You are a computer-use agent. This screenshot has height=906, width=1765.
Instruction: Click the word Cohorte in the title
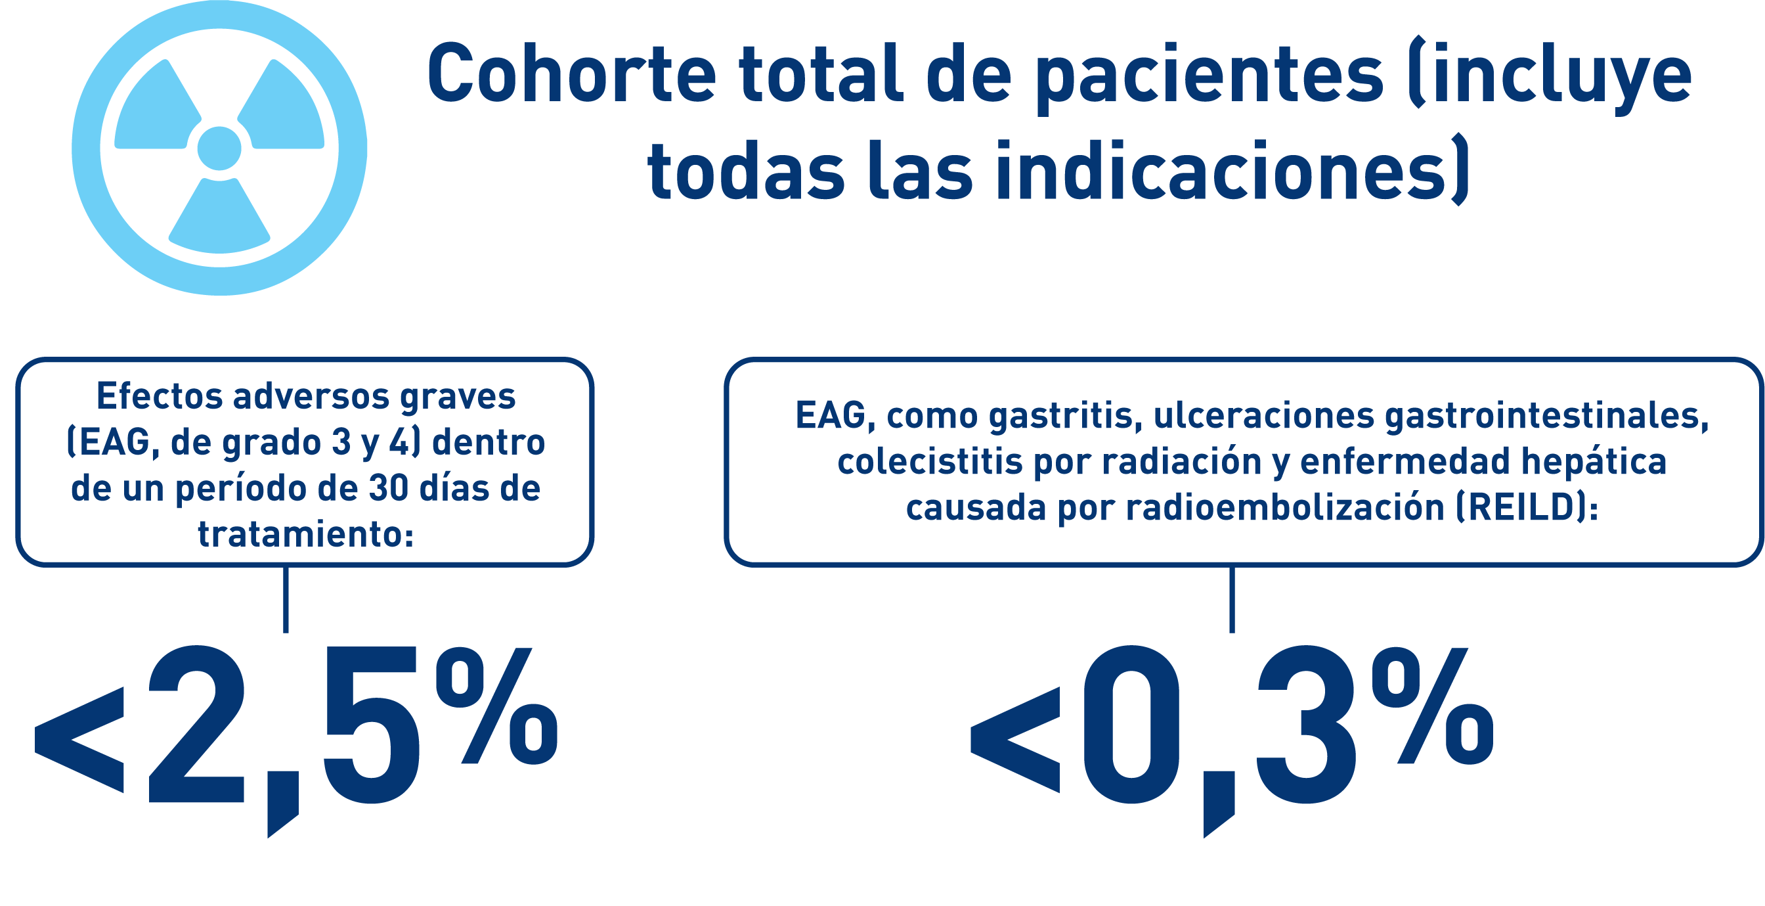tap(572, 74)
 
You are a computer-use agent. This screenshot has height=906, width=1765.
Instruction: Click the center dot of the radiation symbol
tap(219, 148)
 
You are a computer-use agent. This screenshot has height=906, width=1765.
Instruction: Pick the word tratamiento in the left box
tap(305, 534)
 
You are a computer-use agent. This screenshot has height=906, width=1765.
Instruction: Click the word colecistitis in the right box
tap(930, 461)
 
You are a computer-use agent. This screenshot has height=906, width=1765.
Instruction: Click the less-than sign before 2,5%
tap(79, 740)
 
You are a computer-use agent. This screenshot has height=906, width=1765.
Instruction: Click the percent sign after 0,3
tap(1432, 705)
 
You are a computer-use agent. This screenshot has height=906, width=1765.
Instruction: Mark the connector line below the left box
tap(286, 599)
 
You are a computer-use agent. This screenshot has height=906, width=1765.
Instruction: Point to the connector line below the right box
tap(1232, 599)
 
